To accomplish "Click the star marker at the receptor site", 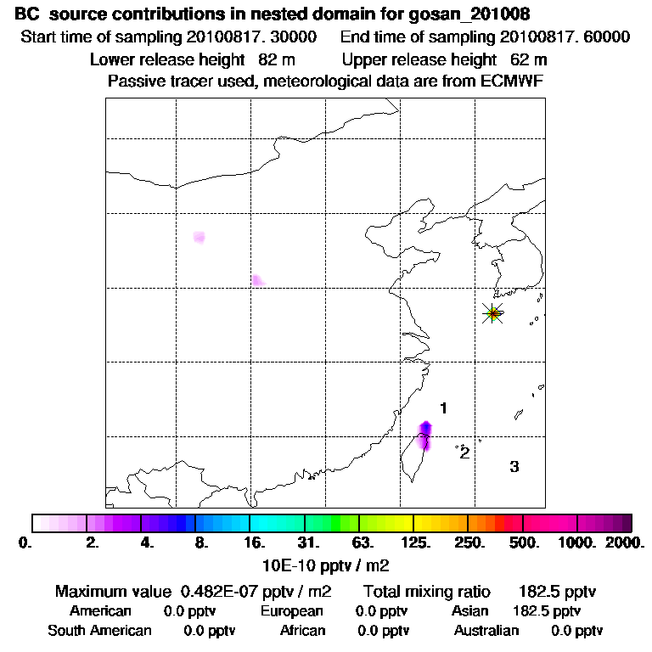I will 492,313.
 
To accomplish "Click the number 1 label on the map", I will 443,409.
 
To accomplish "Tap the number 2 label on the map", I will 464,452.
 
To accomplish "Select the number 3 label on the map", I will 514,466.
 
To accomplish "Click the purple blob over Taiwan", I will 426,433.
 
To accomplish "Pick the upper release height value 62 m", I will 529,60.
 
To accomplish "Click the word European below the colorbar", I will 291,611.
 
